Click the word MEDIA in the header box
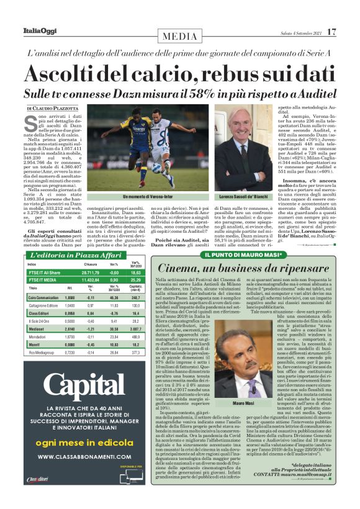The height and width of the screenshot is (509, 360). [x=180, y=37]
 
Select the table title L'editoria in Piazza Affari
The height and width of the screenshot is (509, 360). [x=68, y=255]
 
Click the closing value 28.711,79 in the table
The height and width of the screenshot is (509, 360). [x=91, y=273]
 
